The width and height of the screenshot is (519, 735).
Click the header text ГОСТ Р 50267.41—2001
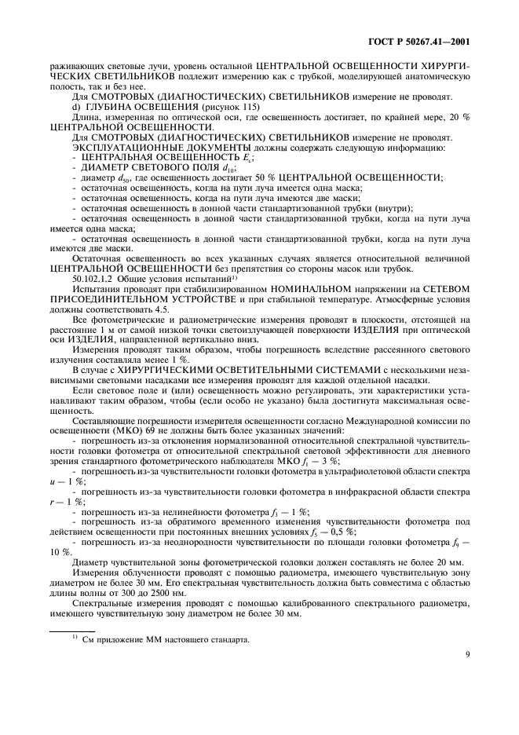[x=421, y=41]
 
